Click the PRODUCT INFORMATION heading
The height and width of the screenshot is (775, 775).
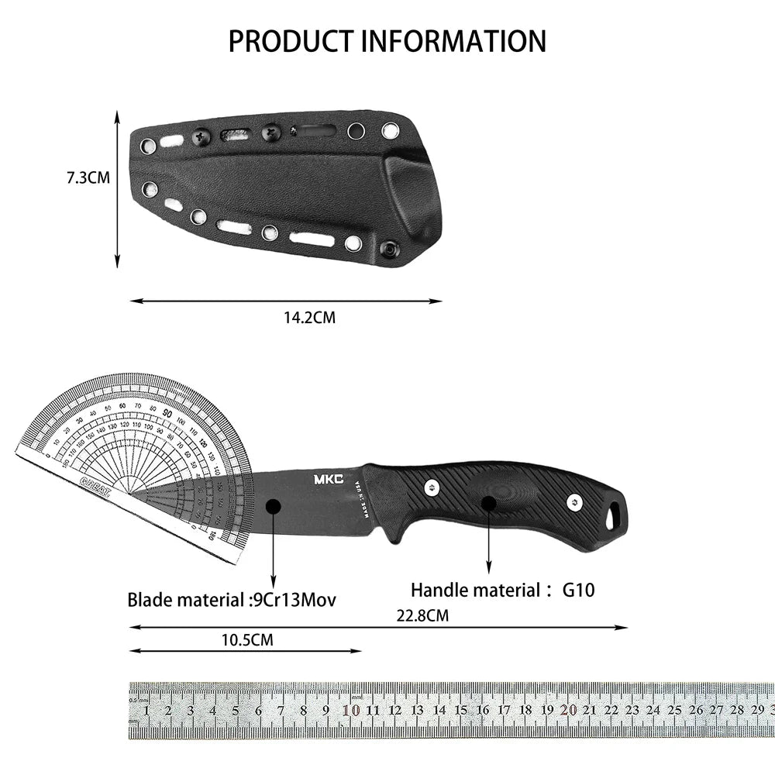pos(387,40)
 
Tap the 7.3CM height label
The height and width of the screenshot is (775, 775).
pos(88,177)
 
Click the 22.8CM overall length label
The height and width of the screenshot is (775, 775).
pos(422,616)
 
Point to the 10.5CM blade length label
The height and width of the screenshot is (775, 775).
pos(246,640)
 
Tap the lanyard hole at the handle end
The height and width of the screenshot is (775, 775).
pos(614,514)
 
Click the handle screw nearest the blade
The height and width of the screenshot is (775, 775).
pos(432,486)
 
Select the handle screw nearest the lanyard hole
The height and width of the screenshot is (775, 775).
pos(573,501)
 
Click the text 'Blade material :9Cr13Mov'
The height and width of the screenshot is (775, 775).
pos(232,599)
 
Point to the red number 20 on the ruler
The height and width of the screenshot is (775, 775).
pos(570,709)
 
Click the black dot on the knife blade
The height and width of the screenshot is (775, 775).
pos(273,506)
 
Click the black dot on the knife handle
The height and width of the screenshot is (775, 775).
pos(488,503)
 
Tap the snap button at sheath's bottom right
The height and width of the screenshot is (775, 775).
pos(390,249)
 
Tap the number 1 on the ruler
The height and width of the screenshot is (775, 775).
pos(146,710)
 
